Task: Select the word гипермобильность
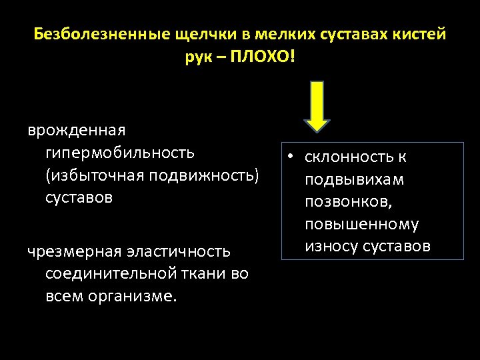tap(120, 153)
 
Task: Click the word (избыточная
tap(95, 175)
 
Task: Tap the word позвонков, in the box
tap(345, 202)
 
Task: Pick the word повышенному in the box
tap(361, 225)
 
